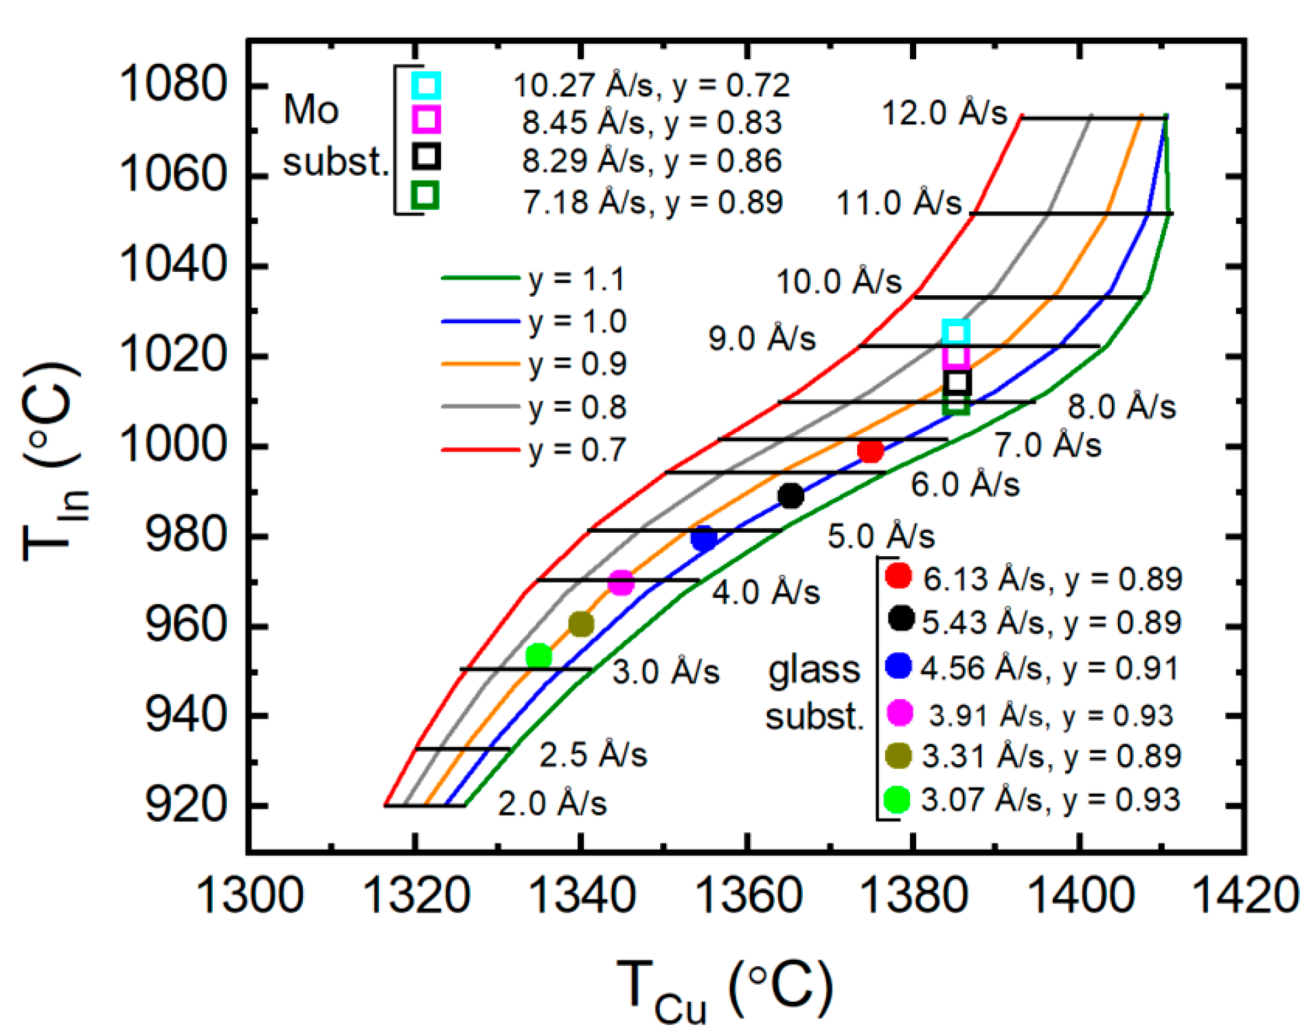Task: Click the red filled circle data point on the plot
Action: coord(870,451)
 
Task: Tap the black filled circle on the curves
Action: coord(790,495)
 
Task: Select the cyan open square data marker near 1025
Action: coord(956,333)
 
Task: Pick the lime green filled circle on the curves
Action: coord(538,656)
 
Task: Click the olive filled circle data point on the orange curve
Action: coord(581,624)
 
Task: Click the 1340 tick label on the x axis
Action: coord(582,897)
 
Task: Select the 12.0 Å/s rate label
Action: coord(944,113)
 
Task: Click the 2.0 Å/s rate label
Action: coord(552,803)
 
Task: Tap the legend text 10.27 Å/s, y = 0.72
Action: coord(651,86)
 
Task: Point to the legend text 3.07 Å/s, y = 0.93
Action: coord(1050,800)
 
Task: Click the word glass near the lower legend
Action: coord(814,670)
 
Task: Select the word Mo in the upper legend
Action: coord(311,110)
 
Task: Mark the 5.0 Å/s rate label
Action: coord(880,536)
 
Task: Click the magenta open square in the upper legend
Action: coord(426,119)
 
